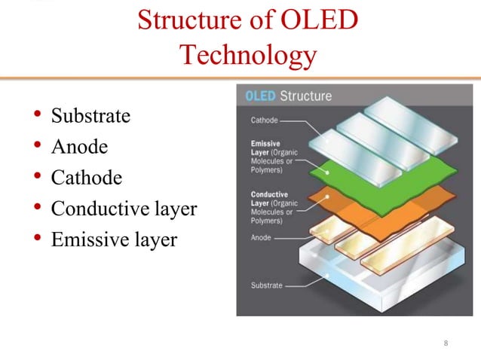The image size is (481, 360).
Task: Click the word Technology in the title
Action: pos(248,55)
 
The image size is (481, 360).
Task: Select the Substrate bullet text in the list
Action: pos(90,116)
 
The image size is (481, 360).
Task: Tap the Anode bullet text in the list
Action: pos(79,147)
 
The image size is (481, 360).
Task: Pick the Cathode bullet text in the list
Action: pos(86,178)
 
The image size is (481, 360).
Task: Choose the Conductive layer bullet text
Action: pos(124,209)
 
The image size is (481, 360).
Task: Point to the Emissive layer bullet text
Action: pos(114,239)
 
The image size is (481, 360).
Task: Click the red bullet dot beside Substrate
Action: pos(36,116)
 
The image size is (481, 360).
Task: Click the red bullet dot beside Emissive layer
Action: pos(36,239)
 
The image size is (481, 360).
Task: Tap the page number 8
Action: pos(446,344)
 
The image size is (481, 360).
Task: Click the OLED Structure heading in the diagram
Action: pos(289,96)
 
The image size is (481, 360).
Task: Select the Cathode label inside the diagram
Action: pos(264,121)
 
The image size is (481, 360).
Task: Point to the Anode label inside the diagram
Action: pos(261,237)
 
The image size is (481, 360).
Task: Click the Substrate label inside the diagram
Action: pos(266,285)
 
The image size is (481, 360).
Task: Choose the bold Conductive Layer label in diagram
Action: pos(268,198)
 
